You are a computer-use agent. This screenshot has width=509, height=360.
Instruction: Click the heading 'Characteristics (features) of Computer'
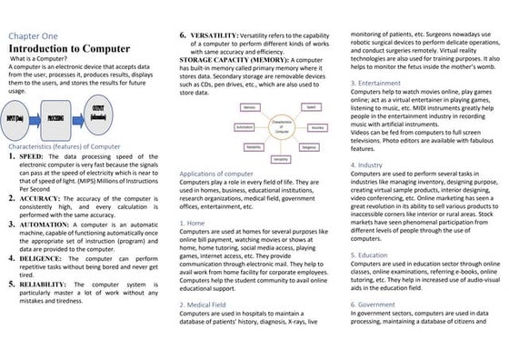(x=64, y=146)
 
